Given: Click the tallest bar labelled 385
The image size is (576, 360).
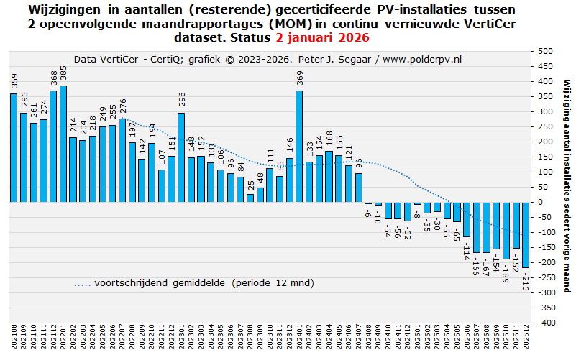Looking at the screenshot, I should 63,144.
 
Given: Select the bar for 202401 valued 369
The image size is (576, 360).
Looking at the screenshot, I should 299,147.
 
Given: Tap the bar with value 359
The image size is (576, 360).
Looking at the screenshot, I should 14,148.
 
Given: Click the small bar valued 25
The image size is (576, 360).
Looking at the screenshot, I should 250,198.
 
